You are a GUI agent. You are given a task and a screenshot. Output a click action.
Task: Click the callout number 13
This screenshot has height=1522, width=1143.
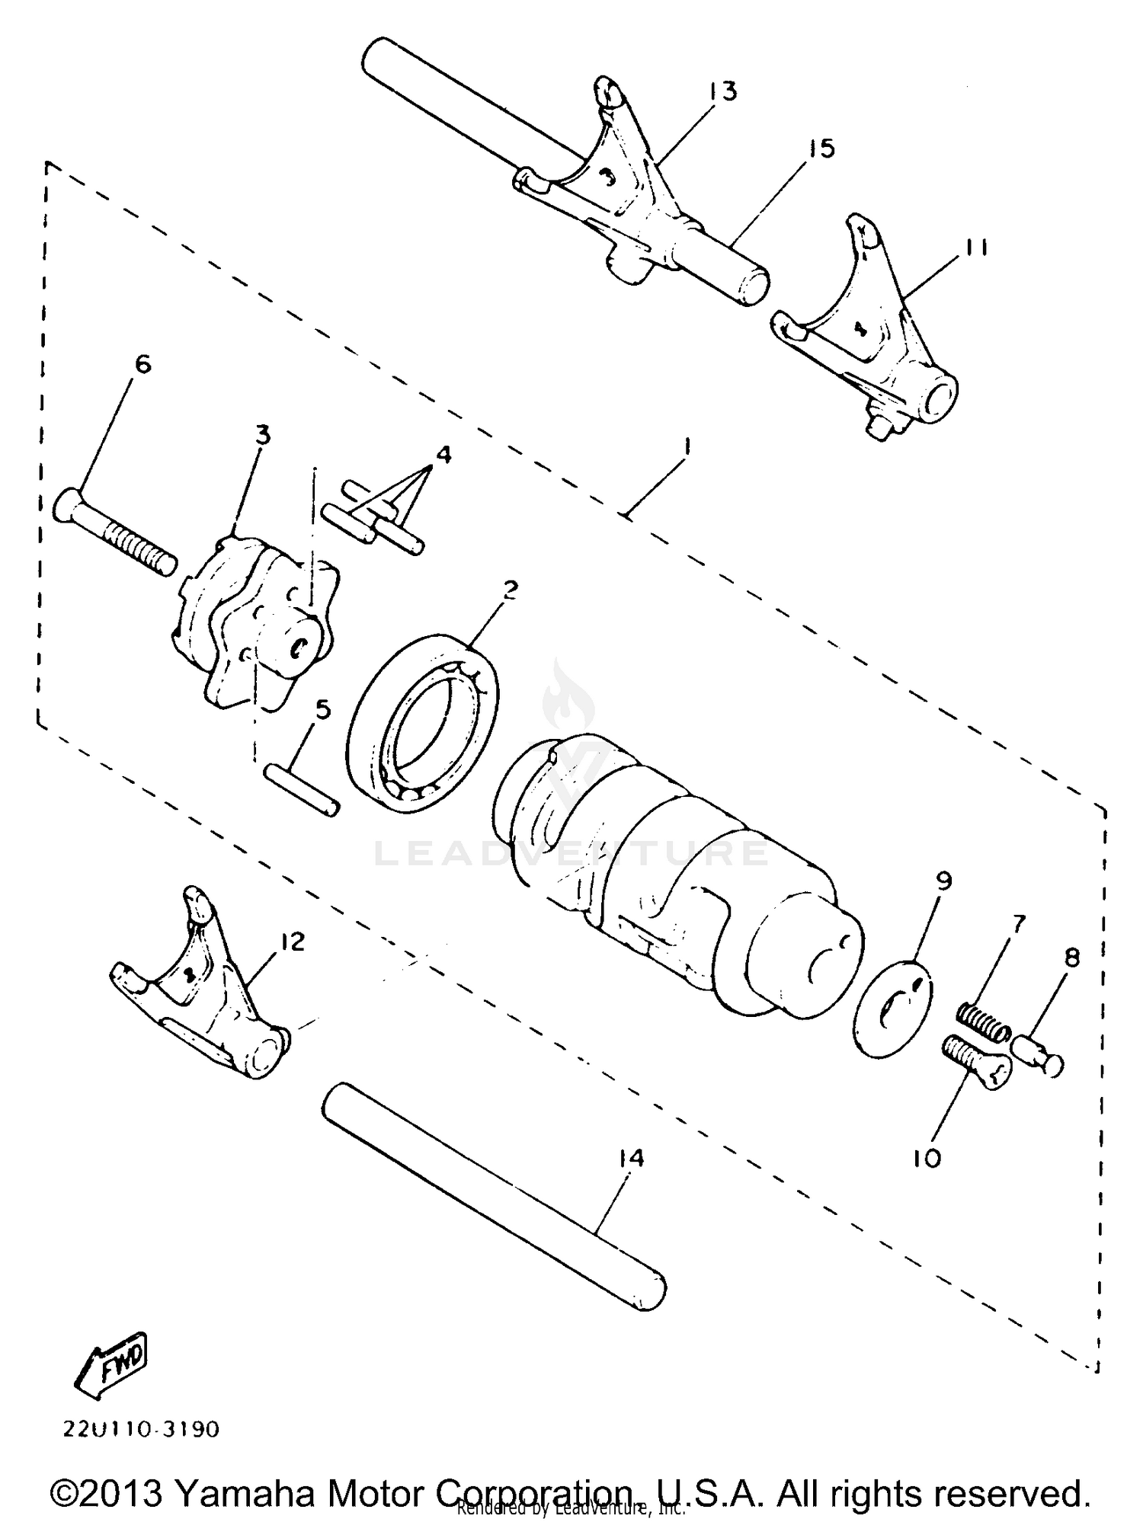722,92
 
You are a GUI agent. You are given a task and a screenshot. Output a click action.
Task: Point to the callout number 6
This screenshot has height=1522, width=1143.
142,365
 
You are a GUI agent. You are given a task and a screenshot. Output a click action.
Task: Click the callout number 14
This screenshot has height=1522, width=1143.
632,1159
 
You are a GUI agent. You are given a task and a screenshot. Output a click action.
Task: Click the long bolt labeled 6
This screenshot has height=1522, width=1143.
114,533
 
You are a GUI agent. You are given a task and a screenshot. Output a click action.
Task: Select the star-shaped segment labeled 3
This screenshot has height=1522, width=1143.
251,621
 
